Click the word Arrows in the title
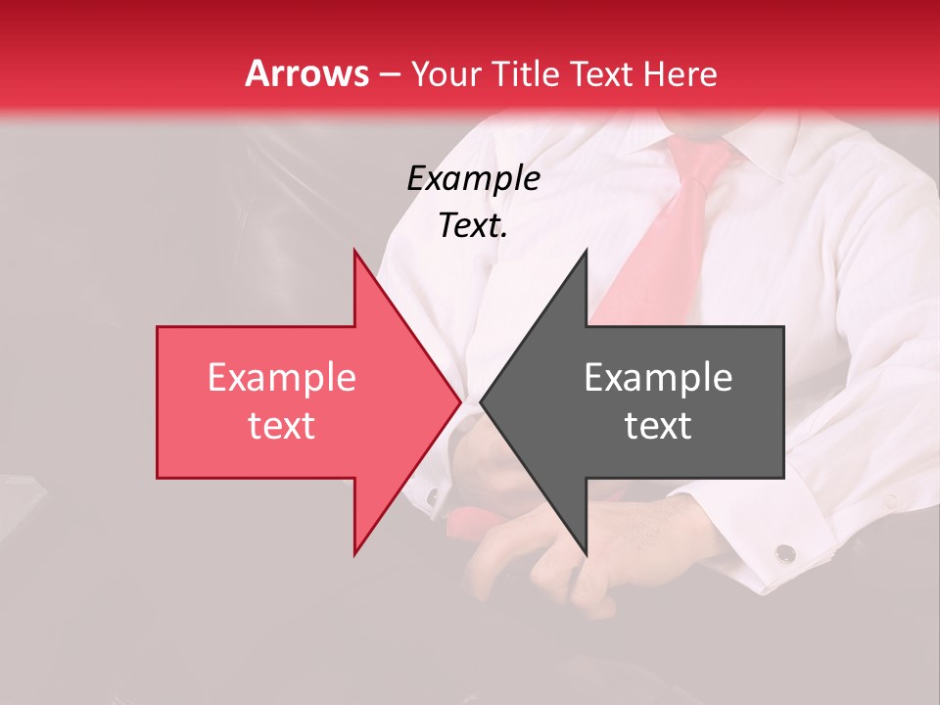(x=307, y=73)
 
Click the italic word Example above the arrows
(x=473, y=178)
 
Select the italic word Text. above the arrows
(x=473, y=226)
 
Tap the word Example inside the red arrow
(x=281, y=378)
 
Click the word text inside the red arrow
(x=281, y=426)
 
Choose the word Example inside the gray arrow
(x=658, y=378)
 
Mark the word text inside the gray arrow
(x=658, y=426)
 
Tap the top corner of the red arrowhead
(x=355, y=253)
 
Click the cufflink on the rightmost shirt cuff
(x=784, y=554)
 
